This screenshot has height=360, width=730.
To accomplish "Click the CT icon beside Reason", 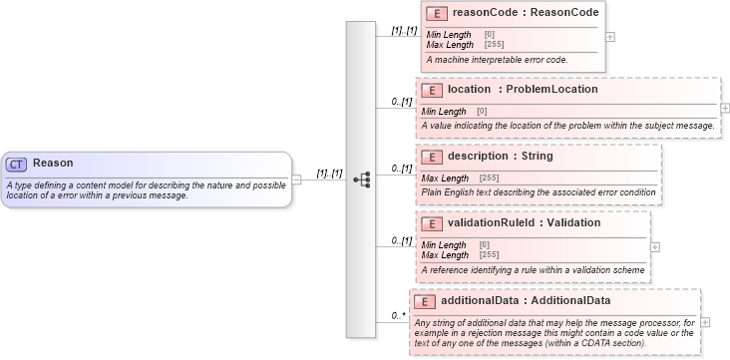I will (17, 164).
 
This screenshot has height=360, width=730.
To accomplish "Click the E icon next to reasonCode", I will (436, 14).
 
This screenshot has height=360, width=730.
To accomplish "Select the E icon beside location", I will (431, 90).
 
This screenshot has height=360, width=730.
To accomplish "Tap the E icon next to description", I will (431, 157).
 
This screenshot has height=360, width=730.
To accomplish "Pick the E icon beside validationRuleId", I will (431, 223).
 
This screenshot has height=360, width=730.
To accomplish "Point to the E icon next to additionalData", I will (424, 301).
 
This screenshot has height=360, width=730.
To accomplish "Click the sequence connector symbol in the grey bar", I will (362, 180).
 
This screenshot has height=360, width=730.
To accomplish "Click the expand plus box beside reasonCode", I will (610, 37).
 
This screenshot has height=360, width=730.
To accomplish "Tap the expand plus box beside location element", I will (725, 108).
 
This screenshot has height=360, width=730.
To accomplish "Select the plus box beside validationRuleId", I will (654, 246).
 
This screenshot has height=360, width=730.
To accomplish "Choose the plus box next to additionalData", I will (705, 322).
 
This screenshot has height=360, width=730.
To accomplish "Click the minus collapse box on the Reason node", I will (296, 180).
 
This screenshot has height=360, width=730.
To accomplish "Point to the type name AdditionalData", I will (569, 300).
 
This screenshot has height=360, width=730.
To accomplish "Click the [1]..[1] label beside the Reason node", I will (329, 174).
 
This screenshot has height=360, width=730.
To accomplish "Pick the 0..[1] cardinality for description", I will (401, 168).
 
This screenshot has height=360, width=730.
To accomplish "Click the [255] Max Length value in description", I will (490, 178).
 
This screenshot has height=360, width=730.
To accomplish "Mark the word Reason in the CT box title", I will (53, 163).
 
